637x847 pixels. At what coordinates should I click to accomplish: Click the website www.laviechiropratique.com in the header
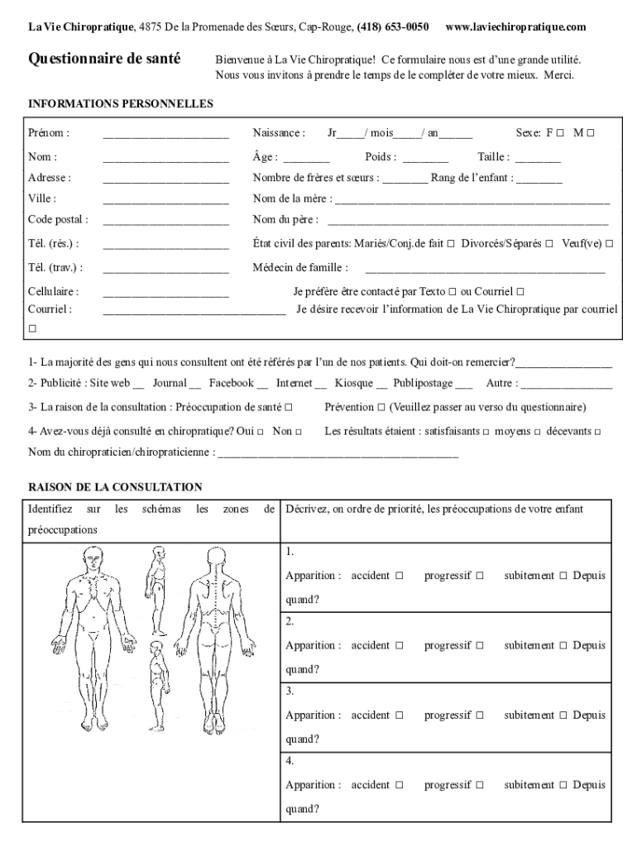(x=515, y=27)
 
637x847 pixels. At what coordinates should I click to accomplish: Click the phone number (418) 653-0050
(x=393, y=27)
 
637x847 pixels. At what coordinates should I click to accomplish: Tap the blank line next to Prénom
(x=165, y=134)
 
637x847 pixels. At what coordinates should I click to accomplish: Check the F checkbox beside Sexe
(x=560, y=133)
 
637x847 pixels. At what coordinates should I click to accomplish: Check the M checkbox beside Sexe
(x=591, y=133)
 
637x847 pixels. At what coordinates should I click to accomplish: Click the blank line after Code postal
(x=165, y=221)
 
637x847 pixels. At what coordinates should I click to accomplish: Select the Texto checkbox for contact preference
(x=453, y=292)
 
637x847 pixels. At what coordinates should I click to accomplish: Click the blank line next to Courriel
(x=194, y=310)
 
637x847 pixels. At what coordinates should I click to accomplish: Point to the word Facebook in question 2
(x=231, y=383)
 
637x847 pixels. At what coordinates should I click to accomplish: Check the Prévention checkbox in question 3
(x=381, y=407)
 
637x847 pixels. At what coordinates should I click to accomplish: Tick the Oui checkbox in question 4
(x=261, y=432)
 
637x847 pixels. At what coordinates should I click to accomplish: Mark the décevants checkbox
(x=597, y=432)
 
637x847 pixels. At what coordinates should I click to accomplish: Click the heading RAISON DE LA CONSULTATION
(x=115, y=487)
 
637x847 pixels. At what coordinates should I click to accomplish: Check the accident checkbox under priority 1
(x=399, y=576)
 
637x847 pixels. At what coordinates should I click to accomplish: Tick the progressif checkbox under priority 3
(x=479, y=715)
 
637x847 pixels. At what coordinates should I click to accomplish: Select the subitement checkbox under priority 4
(x=563, y=785)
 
